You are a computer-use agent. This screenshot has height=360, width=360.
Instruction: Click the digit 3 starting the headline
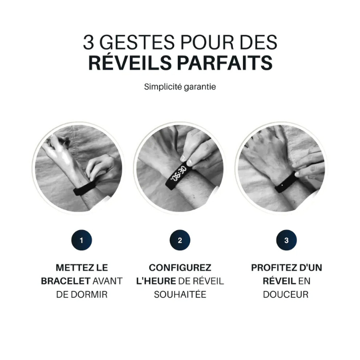tap(88, 42)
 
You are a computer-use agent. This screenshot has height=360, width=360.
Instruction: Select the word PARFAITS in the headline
tap(225, 63)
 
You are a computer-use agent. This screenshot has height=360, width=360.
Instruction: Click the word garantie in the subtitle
tap(200, 87)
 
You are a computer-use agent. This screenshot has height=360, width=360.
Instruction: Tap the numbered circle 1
tap(81, 240)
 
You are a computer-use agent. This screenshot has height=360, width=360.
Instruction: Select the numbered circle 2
tap(180, 240)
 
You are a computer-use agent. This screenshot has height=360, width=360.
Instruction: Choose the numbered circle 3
tap(286, 240)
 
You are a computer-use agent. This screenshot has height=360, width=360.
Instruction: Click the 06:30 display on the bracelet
tap(179, 173)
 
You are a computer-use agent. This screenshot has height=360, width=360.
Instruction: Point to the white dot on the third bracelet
tap(282, 185)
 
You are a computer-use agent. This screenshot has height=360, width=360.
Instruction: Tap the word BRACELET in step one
tap(66, 281)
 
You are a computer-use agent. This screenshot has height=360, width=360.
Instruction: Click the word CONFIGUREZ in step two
tap(180, 268)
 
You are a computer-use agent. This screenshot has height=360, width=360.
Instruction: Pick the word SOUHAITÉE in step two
tap(180, 294)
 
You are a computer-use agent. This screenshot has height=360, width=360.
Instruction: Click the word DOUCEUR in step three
tap(286, 294)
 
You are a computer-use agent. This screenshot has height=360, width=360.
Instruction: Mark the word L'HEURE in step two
tap(156, 281)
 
